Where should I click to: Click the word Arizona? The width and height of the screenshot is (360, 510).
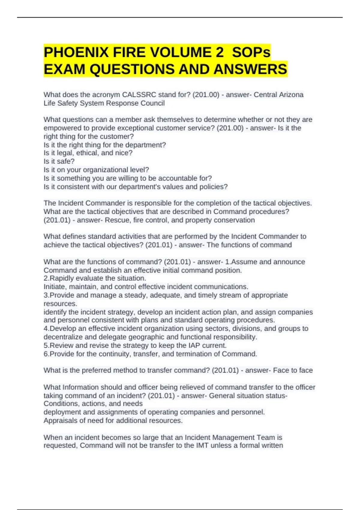(291, 95)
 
